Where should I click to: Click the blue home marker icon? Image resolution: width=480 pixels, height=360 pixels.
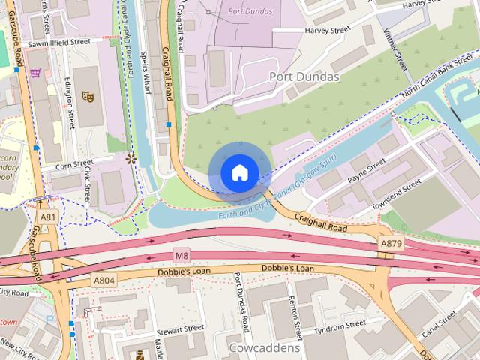point(239,172)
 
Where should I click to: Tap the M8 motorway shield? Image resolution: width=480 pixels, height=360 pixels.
point(182,254)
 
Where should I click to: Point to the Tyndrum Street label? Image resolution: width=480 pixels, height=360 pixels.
point(340,323)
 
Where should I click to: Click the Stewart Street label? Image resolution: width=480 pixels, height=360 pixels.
point(180,328)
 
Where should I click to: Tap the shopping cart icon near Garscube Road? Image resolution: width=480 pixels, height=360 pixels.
point(35,73)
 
